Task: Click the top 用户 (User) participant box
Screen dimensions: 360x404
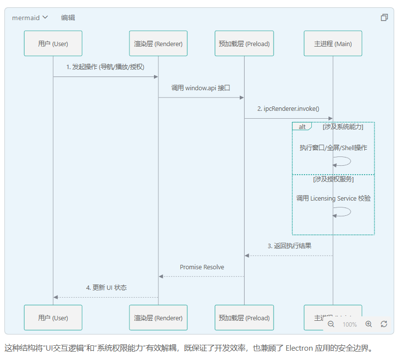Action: point(53,44)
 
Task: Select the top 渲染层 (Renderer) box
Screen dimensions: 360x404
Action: point(158,44)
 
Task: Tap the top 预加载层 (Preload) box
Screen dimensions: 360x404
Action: point(244,44)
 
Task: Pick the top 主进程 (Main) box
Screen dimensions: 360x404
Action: point(333,44)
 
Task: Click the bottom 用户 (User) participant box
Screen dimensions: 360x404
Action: point(53,318)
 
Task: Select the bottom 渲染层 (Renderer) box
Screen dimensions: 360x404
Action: point(158,318)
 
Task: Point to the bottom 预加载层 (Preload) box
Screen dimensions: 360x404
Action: point(244,318)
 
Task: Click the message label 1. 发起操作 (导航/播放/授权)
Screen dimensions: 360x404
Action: point(105,67)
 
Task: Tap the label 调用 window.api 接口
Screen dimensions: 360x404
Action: point(201,88)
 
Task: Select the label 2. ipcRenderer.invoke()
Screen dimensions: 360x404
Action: point(288,109)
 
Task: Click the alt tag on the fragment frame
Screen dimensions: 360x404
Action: point(302,127)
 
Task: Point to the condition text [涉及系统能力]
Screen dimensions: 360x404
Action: point(343,127)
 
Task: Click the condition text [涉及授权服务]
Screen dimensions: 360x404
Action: point(333,180)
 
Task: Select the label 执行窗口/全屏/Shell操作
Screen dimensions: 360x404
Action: point(333,148)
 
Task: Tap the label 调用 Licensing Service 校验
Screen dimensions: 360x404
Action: point(333,199)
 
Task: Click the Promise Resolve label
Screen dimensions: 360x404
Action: point(202,267)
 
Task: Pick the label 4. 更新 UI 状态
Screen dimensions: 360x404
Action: point(106,288)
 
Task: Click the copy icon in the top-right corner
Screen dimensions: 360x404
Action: point(384,18)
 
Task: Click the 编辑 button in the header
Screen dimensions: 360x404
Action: point(68,18)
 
